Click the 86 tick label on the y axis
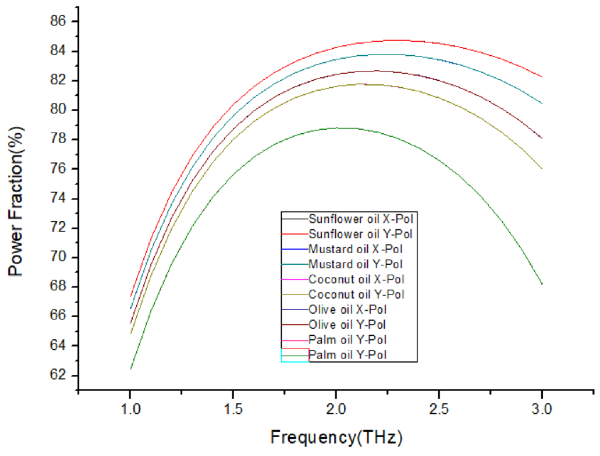(x=58, y=21)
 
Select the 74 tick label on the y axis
(x=58, y=198)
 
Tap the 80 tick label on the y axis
(x=58, y=110)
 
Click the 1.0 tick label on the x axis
(x=131, y=409)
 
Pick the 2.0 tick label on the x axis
(x=336, y=409)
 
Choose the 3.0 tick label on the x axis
(x=542, y=409)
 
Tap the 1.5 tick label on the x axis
(x=233, y=409)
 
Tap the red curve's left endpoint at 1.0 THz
(x=131, y=296)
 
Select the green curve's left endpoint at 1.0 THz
(x=131, y=369)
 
